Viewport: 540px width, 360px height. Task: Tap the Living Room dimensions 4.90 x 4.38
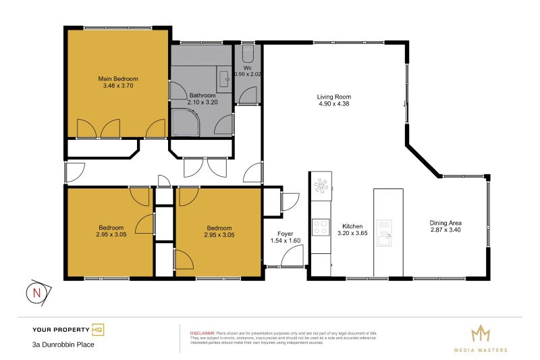coord(334,104)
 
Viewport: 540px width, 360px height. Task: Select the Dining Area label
coord(446,223)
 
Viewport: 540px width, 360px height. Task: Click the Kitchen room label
coord(352,226)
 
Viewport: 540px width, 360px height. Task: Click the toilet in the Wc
coord(248,53)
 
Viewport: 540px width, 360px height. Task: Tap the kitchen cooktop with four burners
coord(321,228)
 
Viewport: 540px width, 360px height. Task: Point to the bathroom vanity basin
coord(224,79)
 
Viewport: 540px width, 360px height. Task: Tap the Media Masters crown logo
coord(480,334)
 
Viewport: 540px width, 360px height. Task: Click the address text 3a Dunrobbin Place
coord(63,344)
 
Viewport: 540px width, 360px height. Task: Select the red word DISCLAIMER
coord(202,334)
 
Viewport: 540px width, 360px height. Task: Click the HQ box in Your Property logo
coord(98,330)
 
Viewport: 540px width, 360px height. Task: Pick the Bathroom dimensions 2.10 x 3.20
coord(202,102)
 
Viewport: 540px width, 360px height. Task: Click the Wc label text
coord(246,68)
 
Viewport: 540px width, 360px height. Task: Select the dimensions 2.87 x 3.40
coord(446,230)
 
